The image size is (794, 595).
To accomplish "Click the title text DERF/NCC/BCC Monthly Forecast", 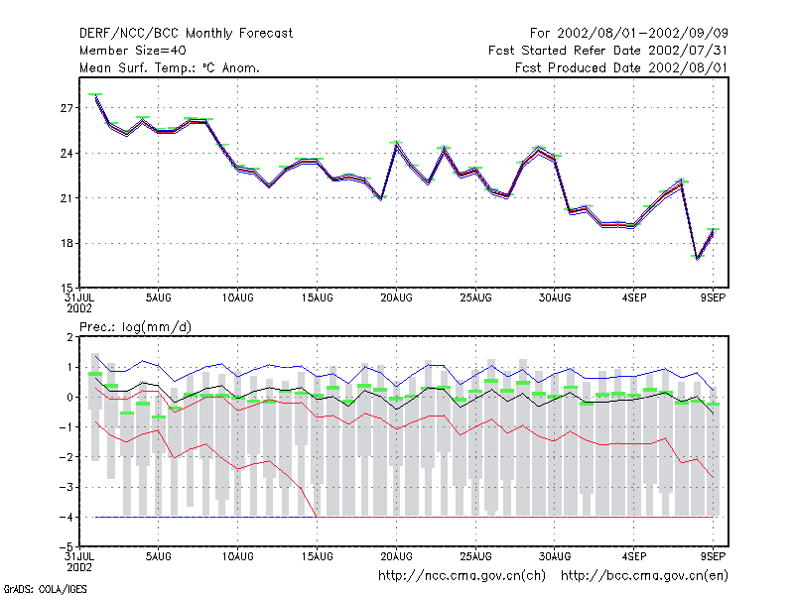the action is coord(186,34).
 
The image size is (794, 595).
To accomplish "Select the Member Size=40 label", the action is coord(133,51).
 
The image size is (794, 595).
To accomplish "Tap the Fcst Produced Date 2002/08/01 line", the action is coord(621,67).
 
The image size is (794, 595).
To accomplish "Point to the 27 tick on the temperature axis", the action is coord(66,108).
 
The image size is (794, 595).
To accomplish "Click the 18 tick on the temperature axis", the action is coord(66,243).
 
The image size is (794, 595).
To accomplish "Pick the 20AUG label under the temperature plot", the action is coord(396,298).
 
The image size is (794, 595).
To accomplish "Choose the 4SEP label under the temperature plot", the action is coord(634,298).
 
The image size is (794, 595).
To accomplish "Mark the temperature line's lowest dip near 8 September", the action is coord(698,258).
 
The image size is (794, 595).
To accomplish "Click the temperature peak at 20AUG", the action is coord(396,144).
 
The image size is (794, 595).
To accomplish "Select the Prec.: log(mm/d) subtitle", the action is coord(135,327).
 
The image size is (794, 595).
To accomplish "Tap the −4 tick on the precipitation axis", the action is coord(66,517).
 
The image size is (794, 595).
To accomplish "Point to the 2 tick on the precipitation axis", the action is coord(69,337).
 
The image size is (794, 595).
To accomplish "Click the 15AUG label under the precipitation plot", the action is coord(317,556).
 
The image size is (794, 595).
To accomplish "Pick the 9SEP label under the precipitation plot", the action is coord(713,556).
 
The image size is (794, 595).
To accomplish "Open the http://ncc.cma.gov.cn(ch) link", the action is coord(462,576).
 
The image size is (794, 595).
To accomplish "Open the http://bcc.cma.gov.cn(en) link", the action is coord(644,576).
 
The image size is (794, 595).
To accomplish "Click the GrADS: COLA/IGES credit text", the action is coord(46,589).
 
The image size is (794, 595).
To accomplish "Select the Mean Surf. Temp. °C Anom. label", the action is coord(170,67).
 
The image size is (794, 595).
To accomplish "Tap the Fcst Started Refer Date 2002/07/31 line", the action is coord(608,51).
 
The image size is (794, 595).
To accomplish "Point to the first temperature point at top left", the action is coord(95,95).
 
